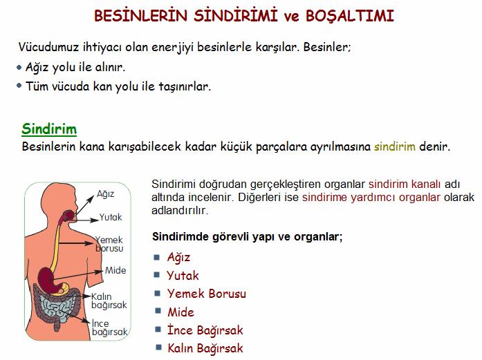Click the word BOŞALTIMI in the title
click(350, 16)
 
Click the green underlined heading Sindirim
click(49, 129)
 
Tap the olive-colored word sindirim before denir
click(395, 146)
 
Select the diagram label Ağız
click(105, 194)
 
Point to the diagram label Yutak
click(111, 217)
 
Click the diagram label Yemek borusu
click(109, 244)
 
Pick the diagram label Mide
click(115, 270)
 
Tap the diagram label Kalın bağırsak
click(109, 301)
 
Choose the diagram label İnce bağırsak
click(109, 328)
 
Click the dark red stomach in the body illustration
click(46, 278)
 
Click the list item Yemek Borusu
click(207, 294)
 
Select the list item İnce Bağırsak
click(205, 330)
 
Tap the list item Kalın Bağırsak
click(205, 348)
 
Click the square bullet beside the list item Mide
click(158, 311)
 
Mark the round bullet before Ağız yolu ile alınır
click(19, 67)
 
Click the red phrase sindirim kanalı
click(405, 184)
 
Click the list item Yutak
click(183, 275)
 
